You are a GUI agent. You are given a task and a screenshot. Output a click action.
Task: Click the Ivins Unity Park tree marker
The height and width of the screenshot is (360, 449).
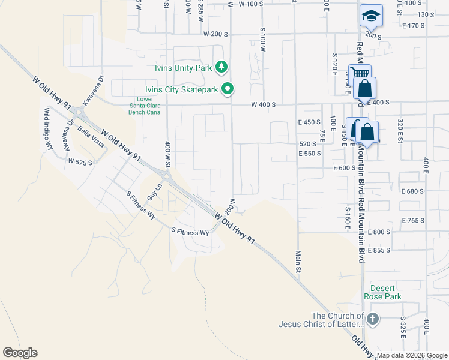(x=222, y=67)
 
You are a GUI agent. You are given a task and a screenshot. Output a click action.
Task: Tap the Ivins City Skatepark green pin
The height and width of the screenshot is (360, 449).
(x=228, y=90)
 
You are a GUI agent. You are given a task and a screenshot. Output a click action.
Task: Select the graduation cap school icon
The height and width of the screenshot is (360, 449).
(x=371, y=16)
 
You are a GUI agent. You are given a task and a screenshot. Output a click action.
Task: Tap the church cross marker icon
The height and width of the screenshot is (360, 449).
(x=373, y=319)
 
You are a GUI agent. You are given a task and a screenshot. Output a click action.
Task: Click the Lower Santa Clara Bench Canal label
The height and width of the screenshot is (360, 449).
(x=146, y=105)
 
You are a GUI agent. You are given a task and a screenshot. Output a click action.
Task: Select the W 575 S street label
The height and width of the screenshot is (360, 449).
(x=80, y=162)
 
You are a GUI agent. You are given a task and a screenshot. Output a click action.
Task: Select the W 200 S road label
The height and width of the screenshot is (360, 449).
(x=215, y=34)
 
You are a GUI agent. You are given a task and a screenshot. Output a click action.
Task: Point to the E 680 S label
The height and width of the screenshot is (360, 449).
(x=412, y=191)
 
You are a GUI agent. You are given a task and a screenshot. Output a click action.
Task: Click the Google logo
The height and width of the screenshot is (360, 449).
(x=20, y=353)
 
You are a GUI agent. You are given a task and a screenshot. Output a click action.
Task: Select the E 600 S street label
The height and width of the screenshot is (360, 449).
(x=345, y=168)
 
